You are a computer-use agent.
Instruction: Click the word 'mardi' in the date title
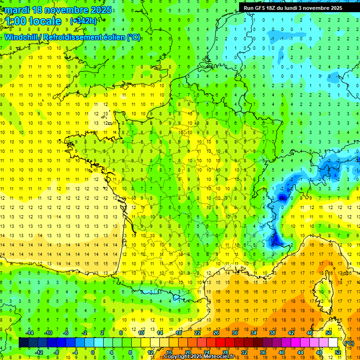[x=18, y=10]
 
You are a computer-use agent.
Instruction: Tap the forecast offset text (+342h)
[x=83, y=21]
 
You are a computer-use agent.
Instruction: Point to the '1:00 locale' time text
[x=33, y=21]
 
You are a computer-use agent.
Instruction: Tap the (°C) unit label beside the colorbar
[x=349, y=343]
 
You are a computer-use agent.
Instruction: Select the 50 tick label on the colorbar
[x=328, y=333]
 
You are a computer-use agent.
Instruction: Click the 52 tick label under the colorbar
[x=337, y=352]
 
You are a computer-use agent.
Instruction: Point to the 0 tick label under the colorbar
[x=93, y=352]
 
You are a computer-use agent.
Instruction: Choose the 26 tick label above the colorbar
[x=216, y=333]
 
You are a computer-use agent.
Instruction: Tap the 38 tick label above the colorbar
[x=272, y=333]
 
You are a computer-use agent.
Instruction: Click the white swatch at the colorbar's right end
[x=333, y=343]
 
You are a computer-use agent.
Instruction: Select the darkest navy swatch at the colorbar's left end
[x=23, y=343]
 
